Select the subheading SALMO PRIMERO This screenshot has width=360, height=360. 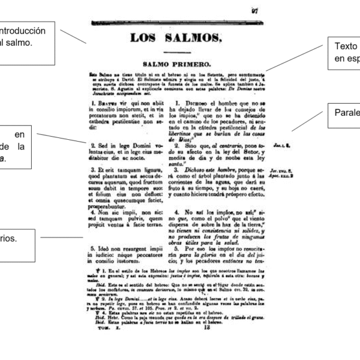[176, 62]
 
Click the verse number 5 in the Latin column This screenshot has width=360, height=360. [93, 247]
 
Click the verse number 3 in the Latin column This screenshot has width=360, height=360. [93, 170]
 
